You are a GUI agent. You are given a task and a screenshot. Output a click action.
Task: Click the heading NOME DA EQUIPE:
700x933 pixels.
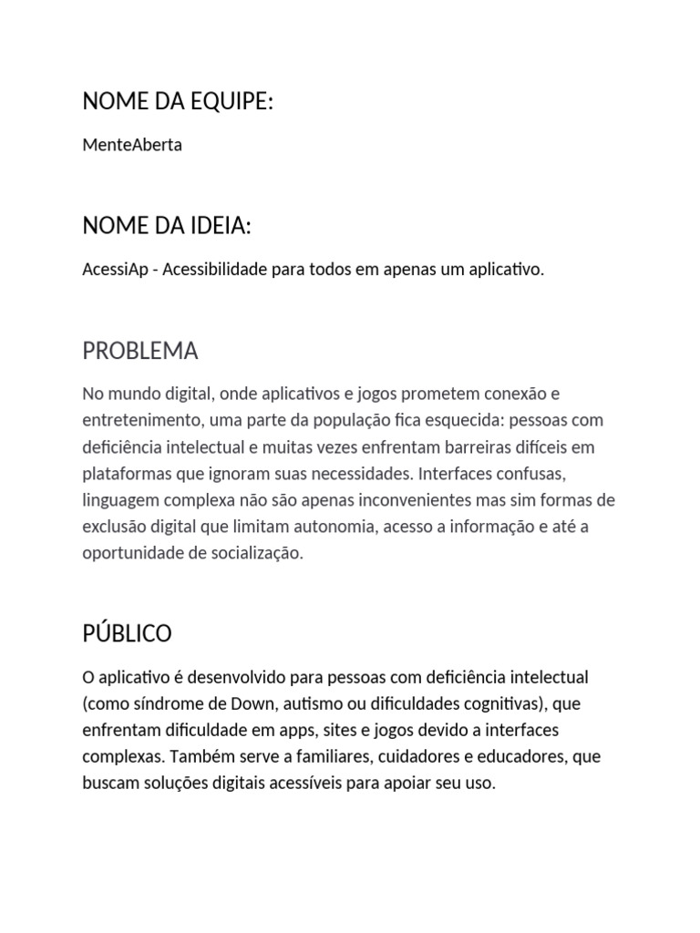(178, 103)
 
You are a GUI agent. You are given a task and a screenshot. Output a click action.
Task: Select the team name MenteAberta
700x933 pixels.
(132, 145)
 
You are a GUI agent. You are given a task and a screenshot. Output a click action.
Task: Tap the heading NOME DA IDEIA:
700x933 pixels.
(167, 226)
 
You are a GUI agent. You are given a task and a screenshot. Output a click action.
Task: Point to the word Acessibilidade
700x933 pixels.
(215, 271)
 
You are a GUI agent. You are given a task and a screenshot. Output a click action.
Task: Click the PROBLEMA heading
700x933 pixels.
(139, 351)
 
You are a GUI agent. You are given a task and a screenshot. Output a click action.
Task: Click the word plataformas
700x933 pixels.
(128, 474)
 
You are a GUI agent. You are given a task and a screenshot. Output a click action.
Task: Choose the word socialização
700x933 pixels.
(253, 554)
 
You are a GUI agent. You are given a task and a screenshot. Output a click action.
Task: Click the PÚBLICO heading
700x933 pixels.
(127, 633)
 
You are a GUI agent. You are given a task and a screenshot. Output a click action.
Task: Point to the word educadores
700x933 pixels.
(530, 757)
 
